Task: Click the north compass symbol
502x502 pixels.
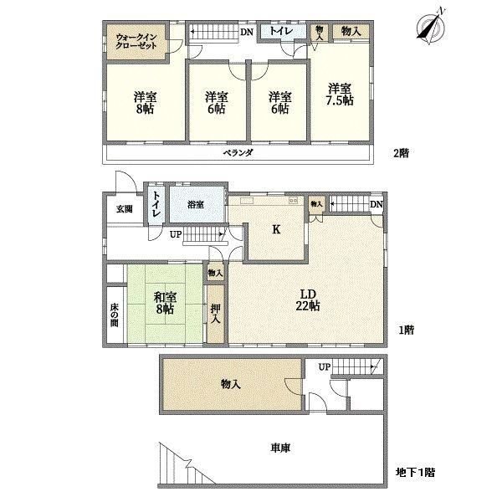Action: point(432,25)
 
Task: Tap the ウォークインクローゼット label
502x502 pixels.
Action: point(136,42)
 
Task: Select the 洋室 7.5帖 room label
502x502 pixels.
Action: point(340,95)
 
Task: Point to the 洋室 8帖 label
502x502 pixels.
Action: point(145,103)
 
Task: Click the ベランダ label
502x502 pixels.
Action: point(238,152)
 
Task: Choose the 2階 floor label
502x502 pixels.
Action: point(401,153)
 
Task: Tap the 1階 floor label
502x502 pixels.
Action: point(407,330)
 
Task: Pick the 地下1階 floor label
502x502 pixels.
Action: point(415,472)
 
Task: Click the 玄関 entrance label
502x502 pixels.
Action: point(125,209)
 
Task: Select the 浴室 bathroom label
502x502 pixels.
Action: point(196,205)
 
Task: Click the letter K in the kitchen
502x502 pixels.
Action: point(276,229)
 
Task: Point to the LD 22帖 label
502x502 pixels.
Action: point(308,300)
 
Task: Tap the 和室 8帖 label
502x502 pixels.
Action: point(165,304)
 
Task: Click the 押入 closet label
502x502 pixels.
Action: point(216,314)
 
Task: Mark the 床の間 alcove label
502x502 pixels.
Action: point(115,315)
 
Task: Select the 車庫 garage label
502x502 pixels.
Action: point(280,448)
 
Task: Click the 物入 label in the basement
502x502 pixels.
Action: point(231,384)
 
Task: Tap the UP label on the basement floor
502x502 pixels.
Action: point(324,367)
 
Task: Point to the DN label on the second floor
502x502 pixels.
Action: point(247,32)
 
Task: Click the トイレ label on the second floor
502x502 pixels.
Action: point(281,31)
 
